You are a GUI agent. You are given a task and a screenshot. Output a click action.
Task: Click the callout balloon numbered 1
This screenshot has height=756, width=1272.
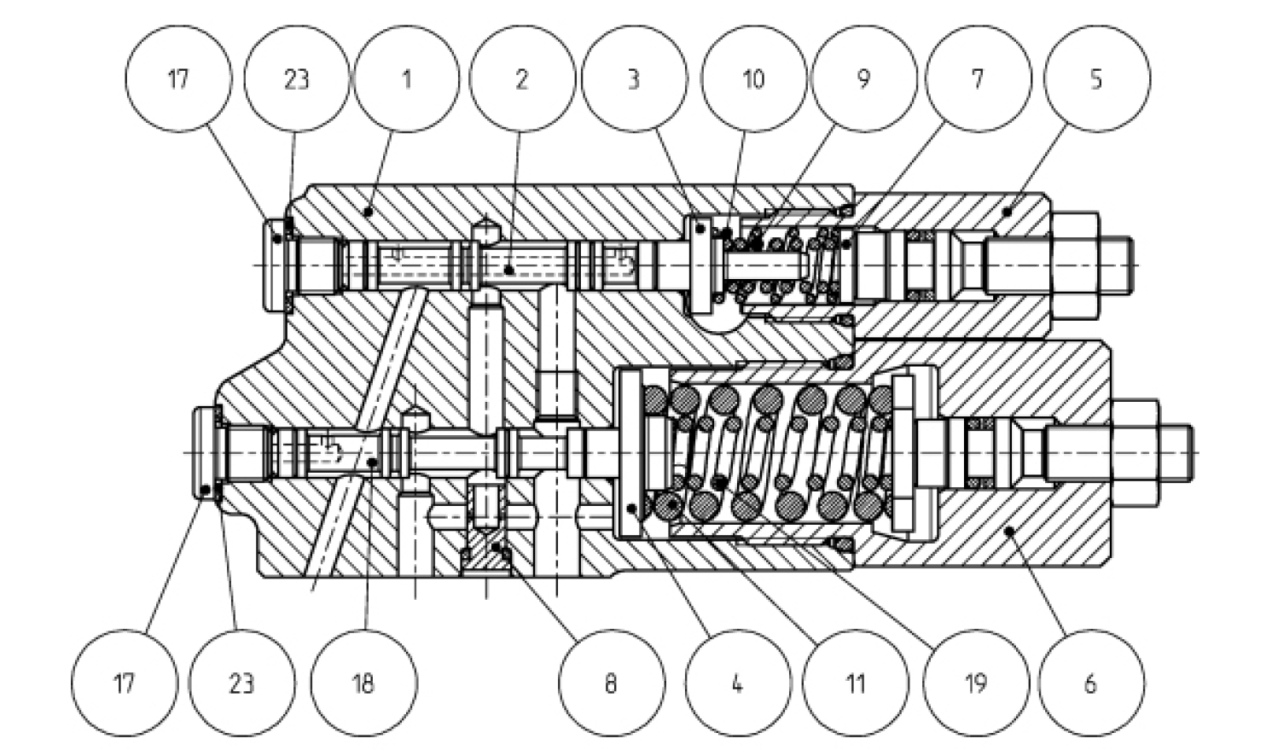(407, 79)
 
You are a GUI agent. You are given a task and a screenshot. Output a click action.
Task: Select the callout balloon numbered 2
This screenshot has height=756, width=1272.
(522, 79)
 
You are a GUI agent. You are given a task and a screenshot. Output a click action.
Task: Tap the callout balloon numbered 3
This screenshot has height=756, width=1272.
(635, 79)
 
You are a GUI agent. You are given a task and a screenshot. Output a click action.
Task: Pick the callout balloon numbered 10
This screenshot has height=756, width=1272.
(754, 79)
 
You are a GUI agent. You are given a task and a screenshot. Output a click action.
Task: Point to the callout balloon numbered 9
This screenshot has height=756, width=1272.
(864, 79)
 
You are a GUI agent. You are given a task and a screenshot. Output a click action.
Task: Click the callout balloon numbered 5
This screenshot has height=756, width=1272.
(1098, 79)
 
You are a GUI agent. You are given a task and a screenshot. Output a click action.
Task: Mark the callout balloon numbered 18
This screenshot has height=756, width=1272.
(364, 683)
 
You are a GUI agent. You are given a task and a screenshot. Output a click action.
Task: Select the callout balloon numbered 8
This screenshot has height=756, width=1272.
(612, 683)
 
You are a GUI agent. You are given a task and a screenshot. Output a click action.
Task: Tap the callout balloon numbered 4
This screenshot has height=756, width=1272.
(738, 683)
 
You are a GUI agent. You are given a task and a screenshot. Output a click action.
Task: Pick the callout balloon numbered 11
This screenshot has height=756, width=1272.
(857, 683)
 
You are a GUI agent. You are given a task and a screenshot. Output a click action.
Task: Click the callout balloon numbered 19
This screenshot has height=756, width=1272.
(976, 683)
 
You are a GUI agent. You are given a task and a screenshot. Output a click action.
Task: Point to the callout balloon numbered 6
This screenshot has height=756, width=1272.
(1091, 683)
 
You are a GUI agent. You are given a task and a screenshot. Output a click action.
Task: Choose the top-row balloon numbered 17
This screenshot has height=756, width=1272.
(178, 79)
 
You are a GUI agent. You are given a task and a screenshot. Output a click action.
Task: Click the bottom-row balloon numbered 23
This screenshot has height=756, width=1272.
(242, 683)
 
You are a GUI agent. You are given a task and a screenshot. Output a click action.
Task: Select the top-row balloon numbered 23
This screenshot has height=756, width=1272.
(297, 79)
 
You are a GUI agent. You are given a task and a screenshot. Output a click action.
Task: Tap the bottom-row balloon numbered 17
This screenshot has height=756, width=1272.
(125, 683)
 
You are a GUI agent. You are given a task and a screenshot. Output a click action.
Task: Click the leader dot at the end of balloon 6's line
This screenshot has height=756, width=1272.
(1009, 531)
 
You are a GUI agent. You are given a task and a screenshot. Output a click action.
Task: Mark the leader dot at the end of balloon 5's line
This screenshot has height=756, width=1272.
(1008, 212)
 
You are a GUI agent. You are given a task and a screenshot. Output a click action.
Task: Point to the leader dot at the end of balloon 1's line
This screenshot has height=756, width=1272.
(369, 212)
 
